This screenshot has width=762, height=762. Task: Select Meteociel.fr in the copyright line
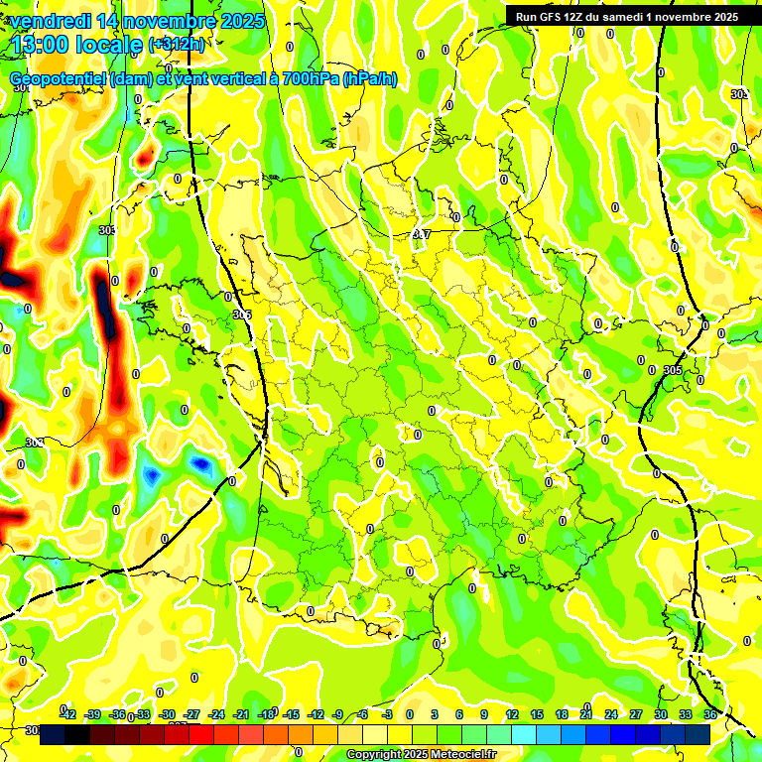(459, 755)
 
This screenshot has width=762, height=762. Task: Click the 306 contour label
(241, 315)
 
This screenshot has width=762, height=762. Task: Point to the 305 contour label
(673, 370)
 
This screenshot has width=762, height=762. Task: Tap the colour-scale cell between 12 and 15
(524, 733)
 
